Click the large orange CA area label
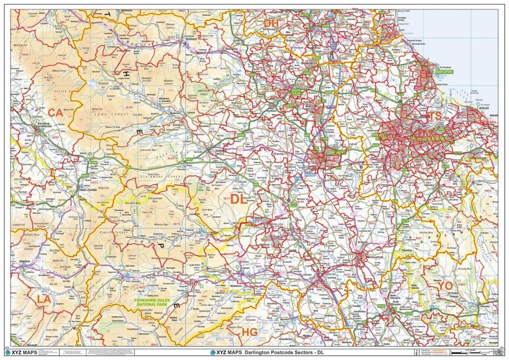[x=55, y=113]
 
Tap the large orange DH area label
[x=271, y=23]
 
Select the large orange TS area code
[x=435, y=117]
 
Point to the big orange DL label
[x=238, y=199]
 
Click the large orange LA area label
[x=44, y=299]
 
